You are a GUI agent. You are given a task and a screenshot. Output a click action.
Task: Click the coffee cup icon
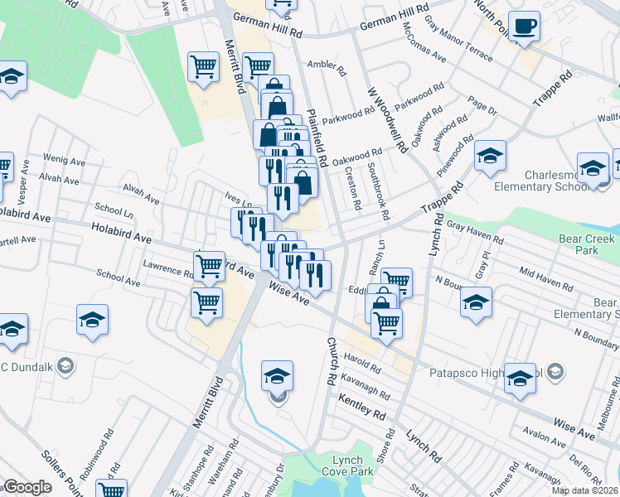point(524,26)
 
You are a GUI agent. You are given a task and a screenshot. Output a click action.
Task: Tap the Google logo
point(27,487)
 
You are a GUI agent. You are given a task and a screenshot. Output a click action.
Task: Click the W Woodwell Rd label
point(387,121)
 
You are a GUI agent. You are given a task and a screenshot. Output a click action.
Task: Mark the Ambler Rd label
point(326,65)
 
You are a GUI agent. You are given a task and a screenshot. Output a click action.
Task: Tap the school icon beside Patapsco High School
point(520,378)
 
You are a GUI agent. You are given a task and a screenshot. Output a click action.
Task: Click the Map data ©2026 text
point(585,490)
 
